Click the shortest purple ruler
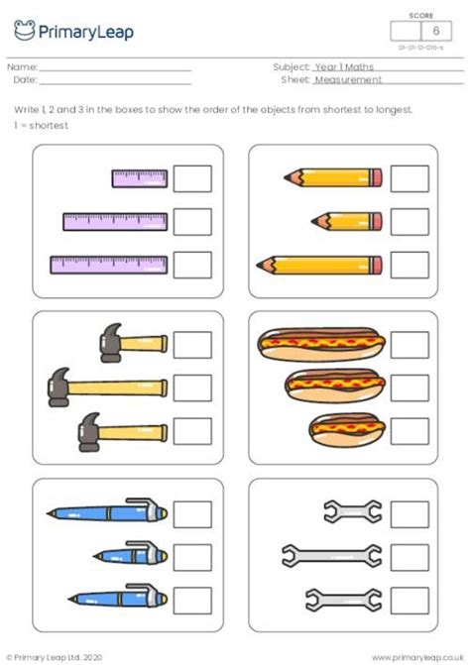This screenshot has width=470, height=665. [x=139, y=179]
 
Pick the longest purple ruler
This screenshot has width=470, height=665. [x=109, y=265]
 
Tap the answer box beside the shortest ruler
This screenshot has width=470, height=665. [x=192, y=179]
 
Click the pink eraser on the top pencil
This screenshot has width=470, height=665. [x=377, y=178]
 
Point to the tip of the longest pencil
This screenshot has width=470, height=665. [x=260, y=265]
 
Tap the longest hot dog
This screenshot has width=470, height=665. [x=319, y=344]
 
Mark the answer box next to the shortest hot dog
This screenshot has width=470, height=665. [x=409, y=429]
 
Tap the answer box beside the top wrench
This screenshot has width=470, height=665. [x=409, y=513]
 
